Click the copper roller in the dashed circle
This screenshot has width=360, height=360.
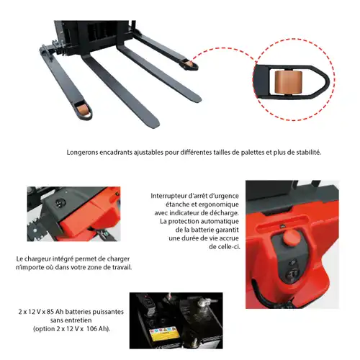click(288, 83)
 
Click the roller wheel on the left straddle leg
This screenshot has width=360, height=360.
click(81, 109)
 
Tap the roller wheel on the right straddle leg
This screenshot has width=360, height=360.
click(189, 64)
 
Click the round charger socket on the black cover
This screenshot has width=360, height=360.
click(58, 203)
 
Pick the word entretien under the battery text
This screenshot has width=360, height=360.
click(78, 320)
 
